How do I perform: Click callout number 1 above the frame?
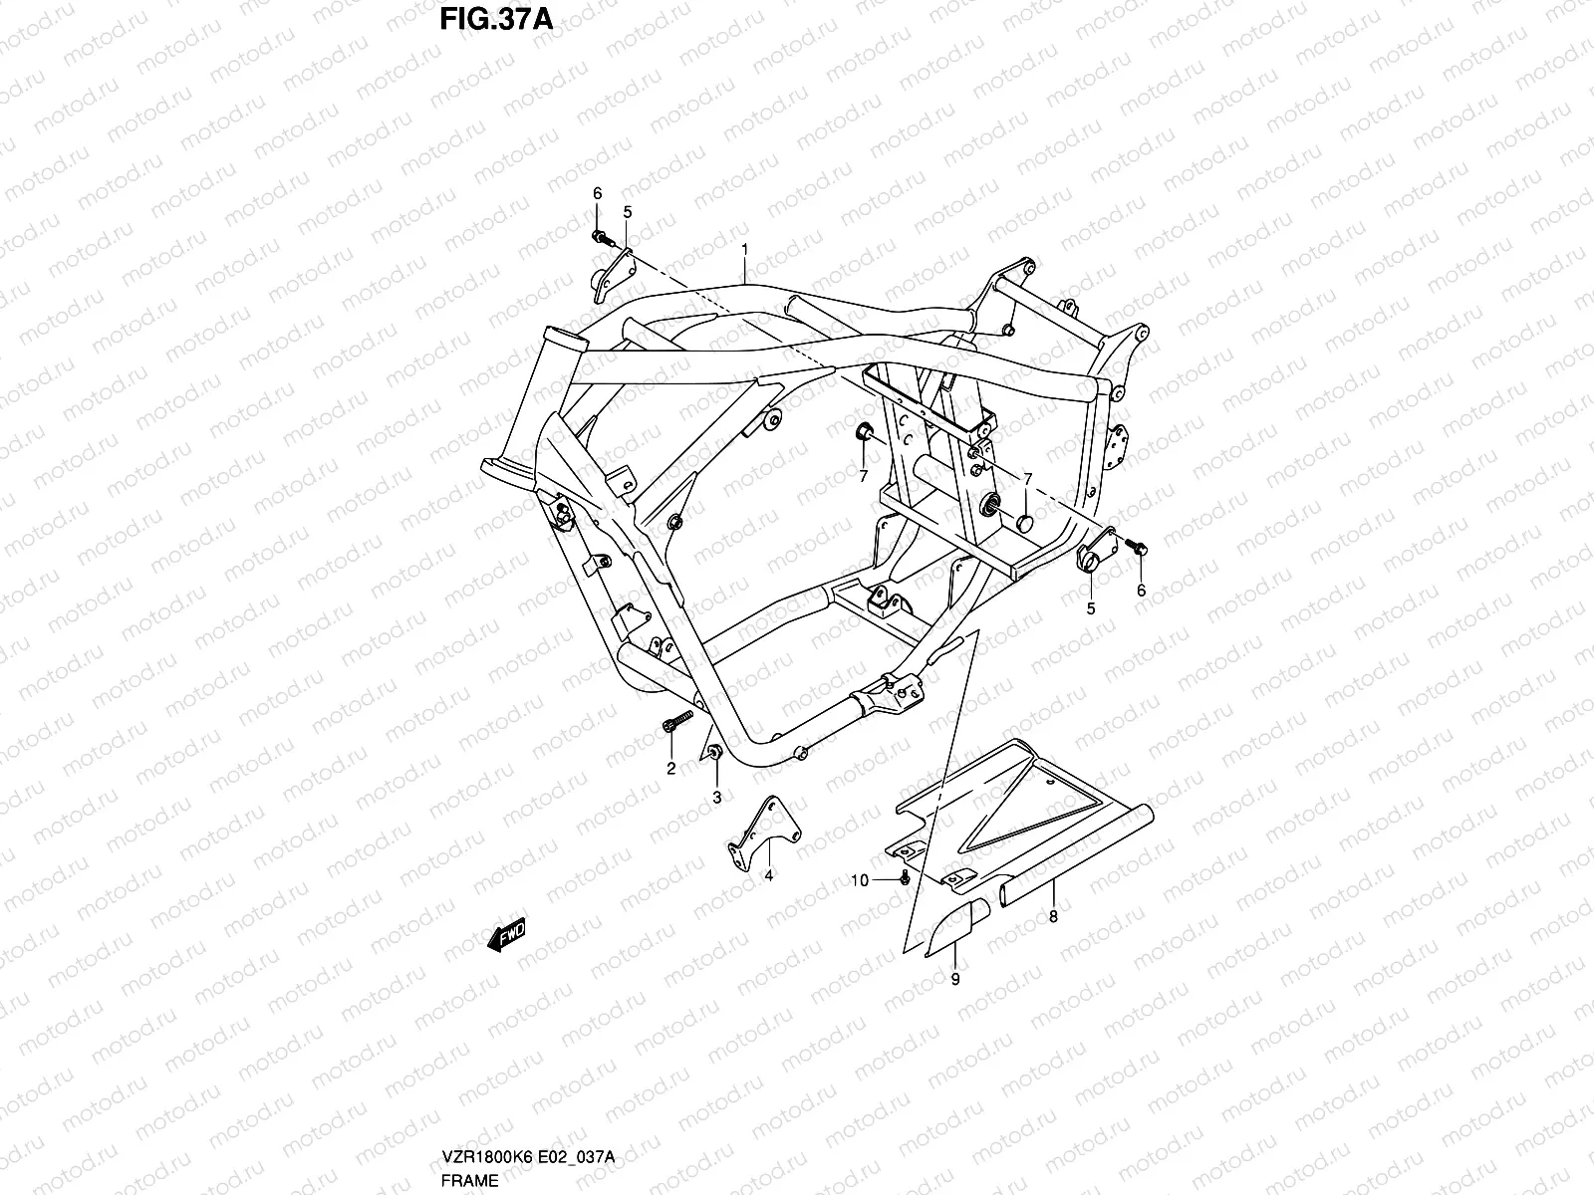(x=744, y=247)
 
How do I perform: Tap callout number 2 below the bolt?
(x=670, y=768)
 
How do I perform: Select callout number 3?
(x=716, y=798)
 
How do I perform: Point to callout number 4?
(x=768, y=875)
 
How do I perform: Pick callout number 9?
(x=955, y=980)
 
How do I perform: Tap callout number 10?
(x=860, y=880)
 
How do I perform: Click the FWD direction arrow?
(x=506, y=935)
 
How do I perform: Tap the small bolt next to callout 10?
(x=904, y=876)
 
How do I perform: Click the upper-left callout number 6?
(x=598, y=193)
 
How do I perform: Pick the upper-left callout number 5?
(x=628, y=212)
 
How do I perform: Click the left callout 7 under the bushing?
(x=864, y=476)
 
